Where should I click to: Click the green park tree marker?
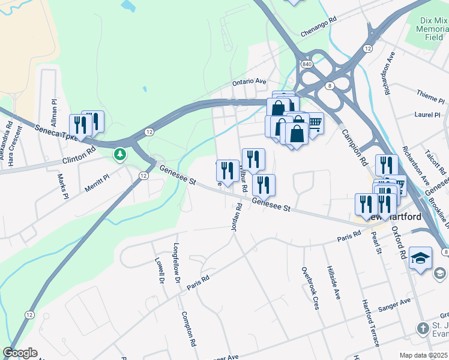121,154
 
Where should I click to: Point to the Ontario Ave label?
249,82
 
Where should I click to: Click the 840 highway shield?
307,64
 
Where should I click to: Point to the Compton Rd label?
188,329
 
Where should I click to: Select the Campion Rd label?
355,148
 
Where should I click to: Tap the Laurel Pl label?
427,114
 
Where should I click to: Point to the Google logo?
20,353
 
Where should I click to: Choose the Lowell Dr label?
160,271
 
